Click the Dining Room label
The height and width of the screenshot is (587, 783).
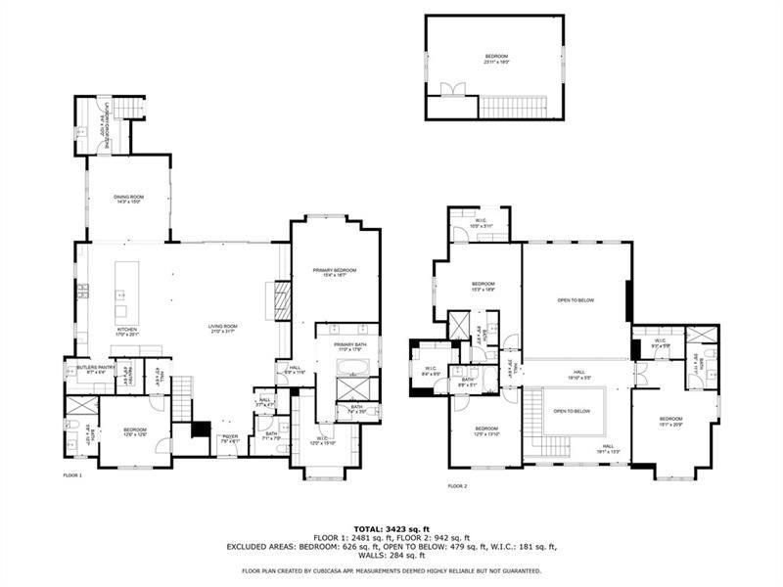click(129, 200)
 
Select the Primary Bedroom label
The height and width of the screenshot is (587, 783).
click(334, 272)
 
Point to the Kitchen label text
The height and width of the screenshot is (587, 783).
click(128, 332)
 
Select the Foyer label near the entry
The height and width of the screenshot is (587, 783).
click(229, 438)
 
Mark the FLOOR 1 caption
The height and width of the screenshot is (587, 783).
click(72, 474)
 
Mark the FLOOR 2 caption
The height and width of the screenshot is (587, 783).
click(457, 485)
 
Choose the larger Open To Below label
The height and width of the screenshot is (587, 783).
click(576, 300)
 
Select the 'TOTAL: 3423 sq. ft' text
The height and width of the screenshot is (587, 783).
click(391, 528)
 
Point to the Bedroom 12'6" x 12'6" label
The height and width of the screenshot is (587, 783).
click(134, 431)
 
